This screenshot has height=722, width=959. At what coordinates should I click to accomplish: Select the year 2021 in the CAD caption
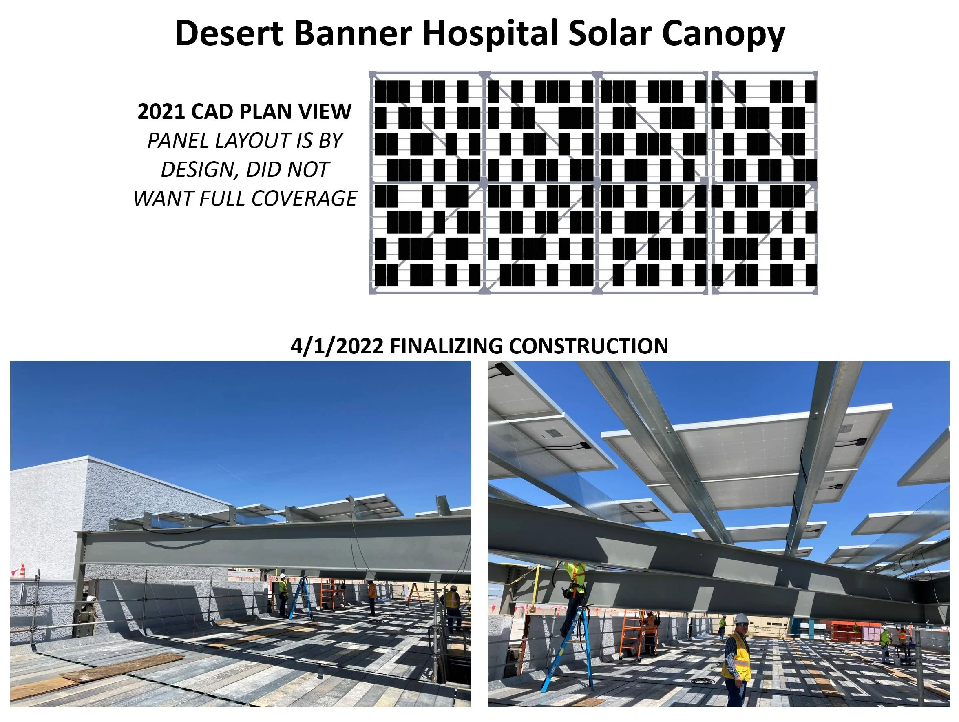[x=161, y=111]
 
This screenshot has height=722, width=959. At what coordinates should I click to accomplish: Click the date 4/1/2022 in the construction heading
[x=336, y=346]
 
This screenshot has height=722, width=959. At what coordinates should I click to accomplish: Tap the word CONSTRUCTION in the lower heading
[x=588, y=346]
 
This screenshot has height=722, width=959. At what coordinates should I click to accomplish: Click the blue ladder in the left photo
[x=301, y=599]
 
